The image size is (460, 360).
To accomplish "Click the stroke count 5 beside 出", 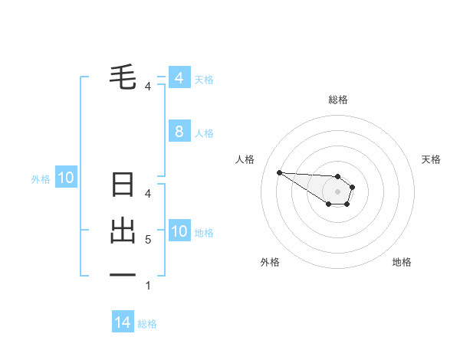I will [x=148, y=240].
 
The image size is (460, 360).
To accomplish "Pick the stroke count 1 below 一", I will [x=148, y=286].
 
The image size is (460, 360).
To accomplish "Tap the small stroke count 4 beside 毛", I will [x=148, y=87].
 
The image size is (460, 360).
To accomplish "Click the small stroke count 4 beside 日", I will [x=148, y=193].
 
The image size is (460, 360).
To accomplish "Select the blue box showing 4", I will [x=179, y=78].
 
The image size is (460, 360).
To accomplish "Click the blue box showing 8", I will [x=179, y=132].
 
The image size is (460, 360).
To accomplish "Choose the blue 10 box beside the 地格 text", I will [x=179, y=231].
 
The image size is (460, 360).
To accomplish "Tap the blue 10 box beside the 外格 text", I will [x=66, y=178].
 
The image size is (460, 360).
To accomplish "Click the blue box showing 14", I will [x=123, y=322].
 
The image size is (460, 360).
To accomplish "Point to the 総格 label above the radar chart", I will [x=337, y=100].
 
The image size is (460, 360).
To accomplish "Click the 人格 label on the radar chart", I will [x=245, y=159].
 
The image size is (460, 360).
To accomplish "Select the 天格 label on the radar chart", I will [x=431, y=159].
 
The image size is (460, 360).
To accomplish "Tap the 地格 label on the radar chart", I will [x=402, y=262].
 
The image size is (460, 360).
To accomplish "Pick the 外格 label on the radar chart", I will [x=270, y=262].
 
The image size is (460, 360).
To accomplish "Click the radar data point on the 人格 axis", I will [x=279, y=172].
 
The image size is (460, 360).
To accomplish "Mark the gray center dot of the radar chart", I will [x=337, y=191].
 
